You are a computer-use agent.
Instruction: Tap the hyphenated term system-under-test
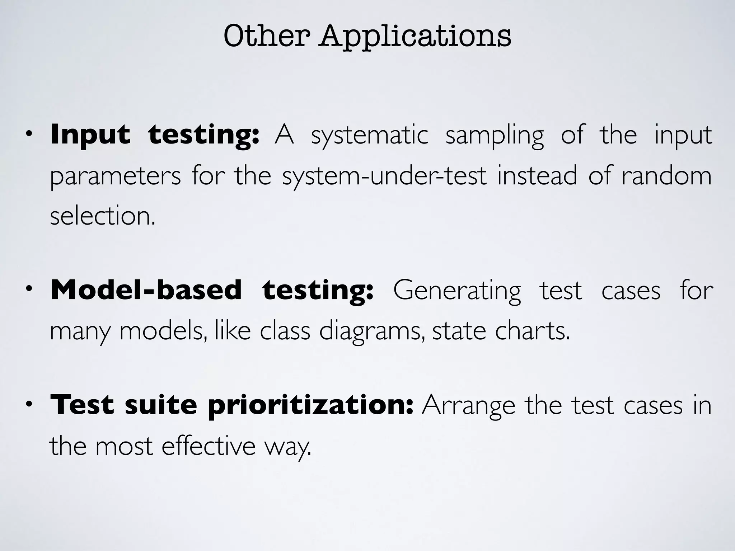click(x=384, y=176)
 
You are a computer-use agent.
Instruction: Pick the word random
click(x=666, y=176)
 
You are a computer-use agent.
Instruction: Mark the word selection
click(x=103, y=216)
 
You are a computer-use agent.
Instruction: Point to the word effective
click(x=208, y=446)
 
